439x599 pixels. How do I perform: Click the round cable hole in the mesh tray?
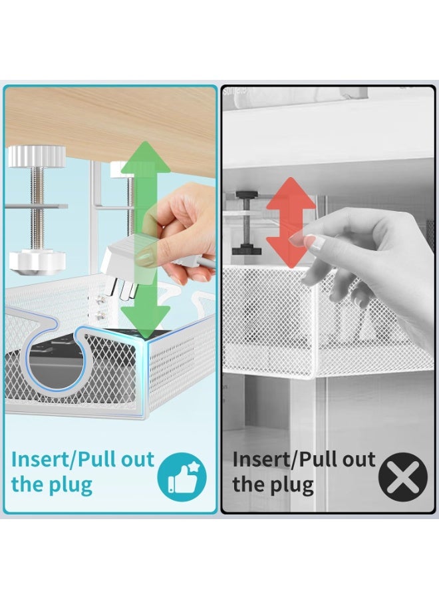point(55,363)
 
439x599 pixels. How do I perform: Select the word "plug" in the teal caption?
point(71,485)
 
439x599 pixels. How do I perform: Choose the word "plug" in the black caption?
point(291,485)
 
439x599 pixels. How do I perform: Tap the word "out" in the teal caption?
point(138,459)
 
